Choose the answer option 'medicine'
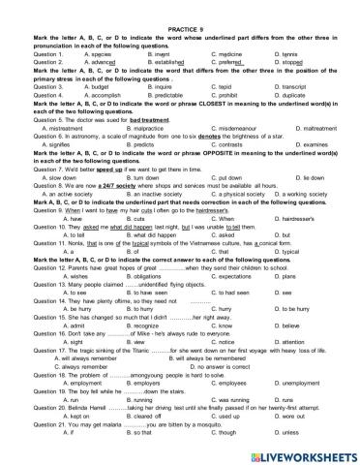(x=229, y=27)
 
